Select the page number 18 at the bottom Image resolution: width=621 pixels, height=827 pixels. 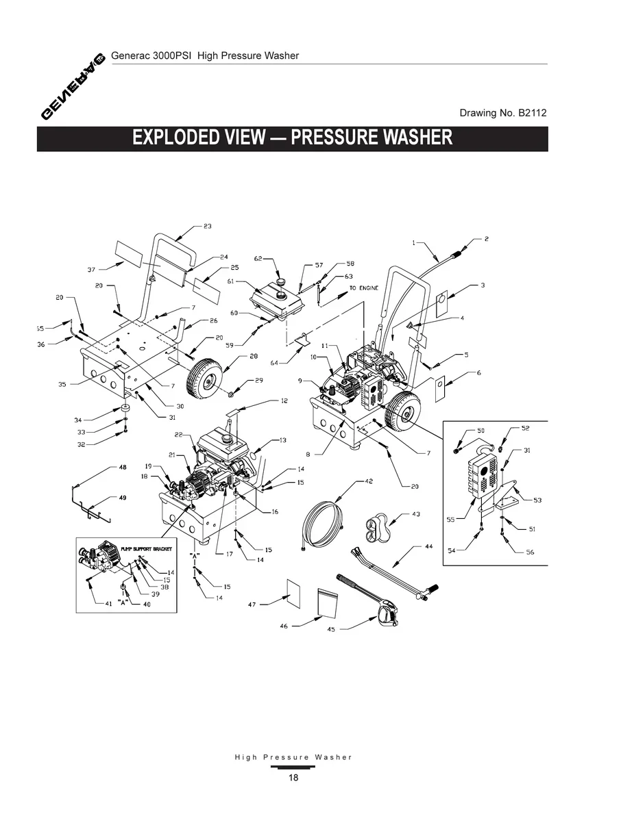pos(293,778)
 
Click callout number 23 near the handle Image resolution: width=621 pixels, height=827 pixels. pos(207,226)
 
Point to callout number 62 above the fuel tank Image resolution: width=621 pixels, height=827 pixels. pos(258,259)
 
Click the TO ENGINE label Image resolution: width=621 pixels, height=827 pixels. pos(364,288)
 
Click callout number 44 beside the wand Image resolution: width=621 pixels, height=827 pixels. pos(429,546)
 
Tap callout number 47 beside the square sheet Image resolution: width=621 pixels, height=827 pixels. pos(252,605)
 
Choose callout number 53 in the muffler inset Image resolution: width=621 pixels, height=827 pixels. pos(538,500)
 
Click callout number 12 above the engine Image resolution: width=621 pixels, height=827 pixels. pos(284,400)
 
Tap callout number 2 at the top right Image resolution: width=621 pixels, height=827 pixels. pos(486,239)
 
